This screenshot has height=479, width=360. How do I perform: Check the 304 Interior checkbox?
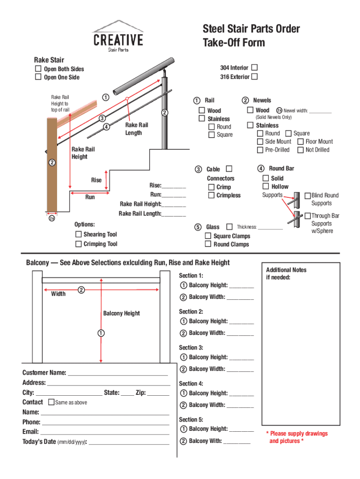tap(254, 67)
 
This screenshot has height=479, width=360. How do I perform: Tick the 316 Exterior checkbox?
tap(254, 76)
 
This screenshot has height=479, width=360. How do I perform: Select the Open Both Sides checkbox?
tap(38, 69)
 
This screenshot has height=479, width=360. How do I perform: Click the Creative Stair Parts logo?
tap(118, 36)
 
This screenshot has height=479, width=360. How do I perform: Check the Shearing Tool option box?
tap(79, 234)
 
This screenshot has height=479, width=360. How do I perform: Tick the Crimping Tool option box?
tap(79, 244)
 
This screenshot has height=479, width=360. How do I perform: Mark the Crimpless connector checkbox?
tap(212, 195)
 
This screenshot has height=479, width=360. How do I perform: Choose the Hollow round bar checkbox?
tap(266, 186)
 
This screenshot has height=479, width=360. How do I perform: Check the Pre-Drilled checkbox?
tap(260, 150)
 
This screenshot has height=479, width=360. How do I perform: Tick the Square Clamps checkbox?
tap(208, 236)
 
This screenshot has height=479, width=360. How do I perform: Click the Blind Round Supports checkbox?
tap(308, 195)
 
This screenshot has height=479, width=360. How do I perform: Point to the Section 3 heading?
tap(191, 348)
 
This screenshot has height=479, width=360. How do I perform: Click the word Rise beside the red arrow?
tap(96, 180)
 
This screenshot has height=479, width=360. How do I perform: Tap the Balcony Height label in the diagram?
tap(122, 313)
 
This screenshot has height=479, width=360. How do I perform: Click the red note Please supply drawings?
tap(297, 434)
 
